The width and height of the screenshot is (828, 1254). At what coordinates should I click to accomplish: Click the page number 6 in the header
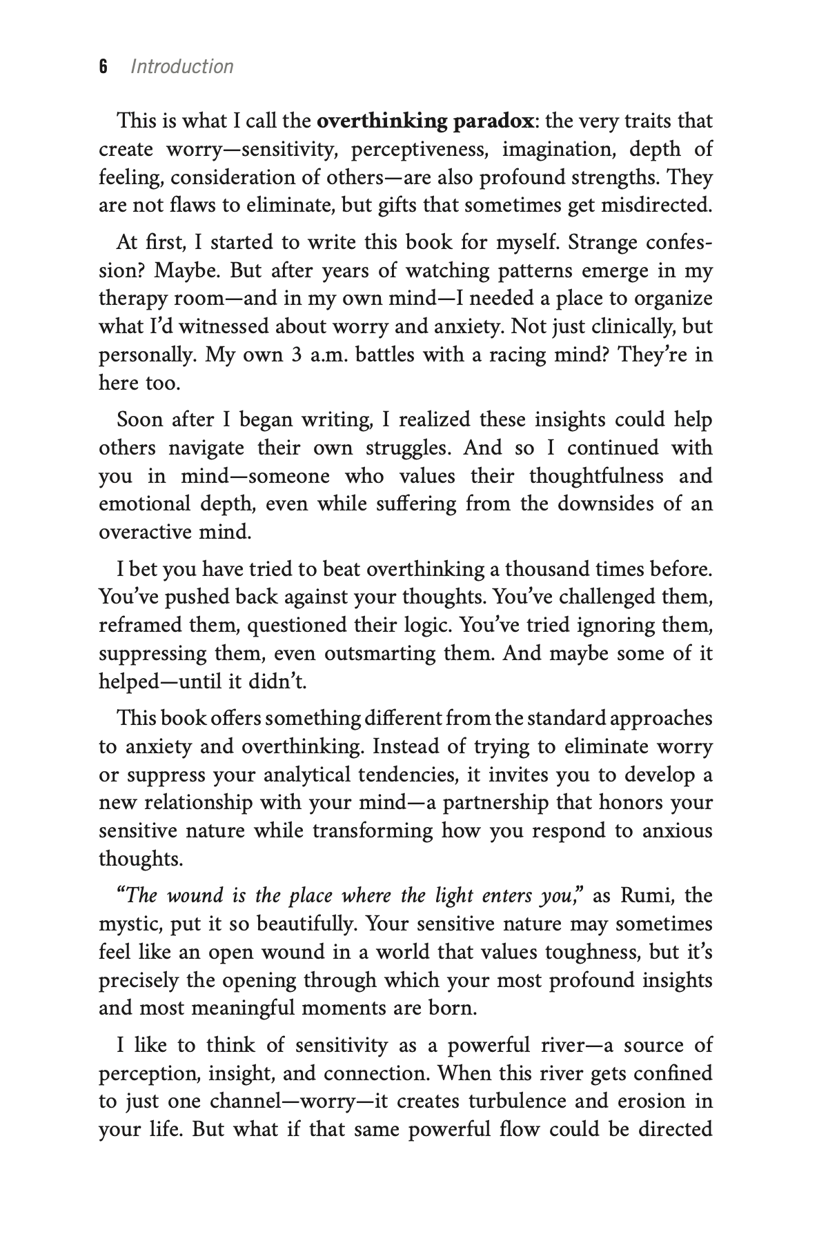tap(103, 67)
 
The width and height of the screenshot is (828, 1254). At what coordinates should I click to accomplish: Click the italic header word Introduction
tap(182, 67)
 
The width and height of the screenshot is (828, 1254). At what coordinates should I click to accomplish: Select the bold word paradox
tap(493, 121)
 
